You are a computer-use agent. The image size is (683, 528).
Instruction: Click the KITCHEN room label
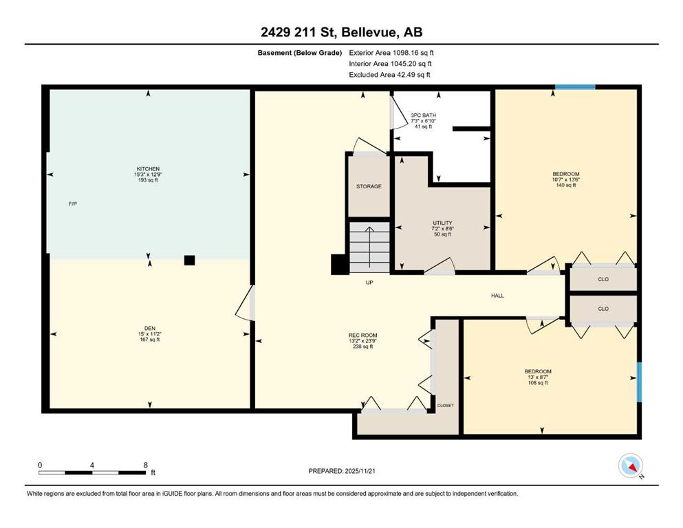(148, 169)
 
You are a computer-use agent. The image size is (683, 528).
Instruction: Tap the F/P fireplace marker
(73, 203)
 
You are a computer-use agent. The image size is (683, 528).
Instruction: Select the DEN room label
(150, 328)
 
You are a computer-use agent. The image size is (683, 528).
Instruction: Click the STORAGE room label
(369, 186)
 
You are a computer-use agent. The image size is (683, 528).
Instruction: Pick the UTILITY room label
(442, 223)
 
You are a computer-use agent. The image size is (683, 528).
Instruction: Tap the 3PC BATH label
(424, 115)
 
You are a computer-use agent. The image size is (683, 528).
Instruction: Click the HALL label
(497, 296)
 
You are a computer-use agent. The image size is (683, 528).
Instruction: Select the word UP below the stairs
(369, 283)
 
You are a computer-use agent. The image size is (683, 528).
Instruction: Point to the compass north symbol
(631, 465)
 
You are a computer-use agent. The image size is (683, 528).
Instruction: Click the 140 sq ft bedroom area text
(566, 185)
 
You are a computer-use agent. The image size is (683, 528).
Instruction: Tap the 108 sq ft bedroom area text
(538, 383)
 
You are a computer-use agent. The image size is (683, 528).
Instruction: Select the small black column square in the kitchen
(189, 261)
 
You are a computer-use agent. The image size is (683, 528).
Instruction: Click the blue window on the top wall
(575, 87)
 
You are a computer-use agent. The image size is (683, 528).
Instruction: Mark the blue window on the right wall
(639, 382)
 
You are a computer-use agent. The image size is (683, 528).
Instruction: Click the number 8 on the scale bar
(146, 465)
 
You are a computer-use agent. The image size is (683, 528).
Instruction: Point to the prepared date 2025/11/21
(360, 471)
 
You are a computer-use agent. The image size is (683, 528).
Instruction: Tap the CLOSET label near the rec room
(445, 405)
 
